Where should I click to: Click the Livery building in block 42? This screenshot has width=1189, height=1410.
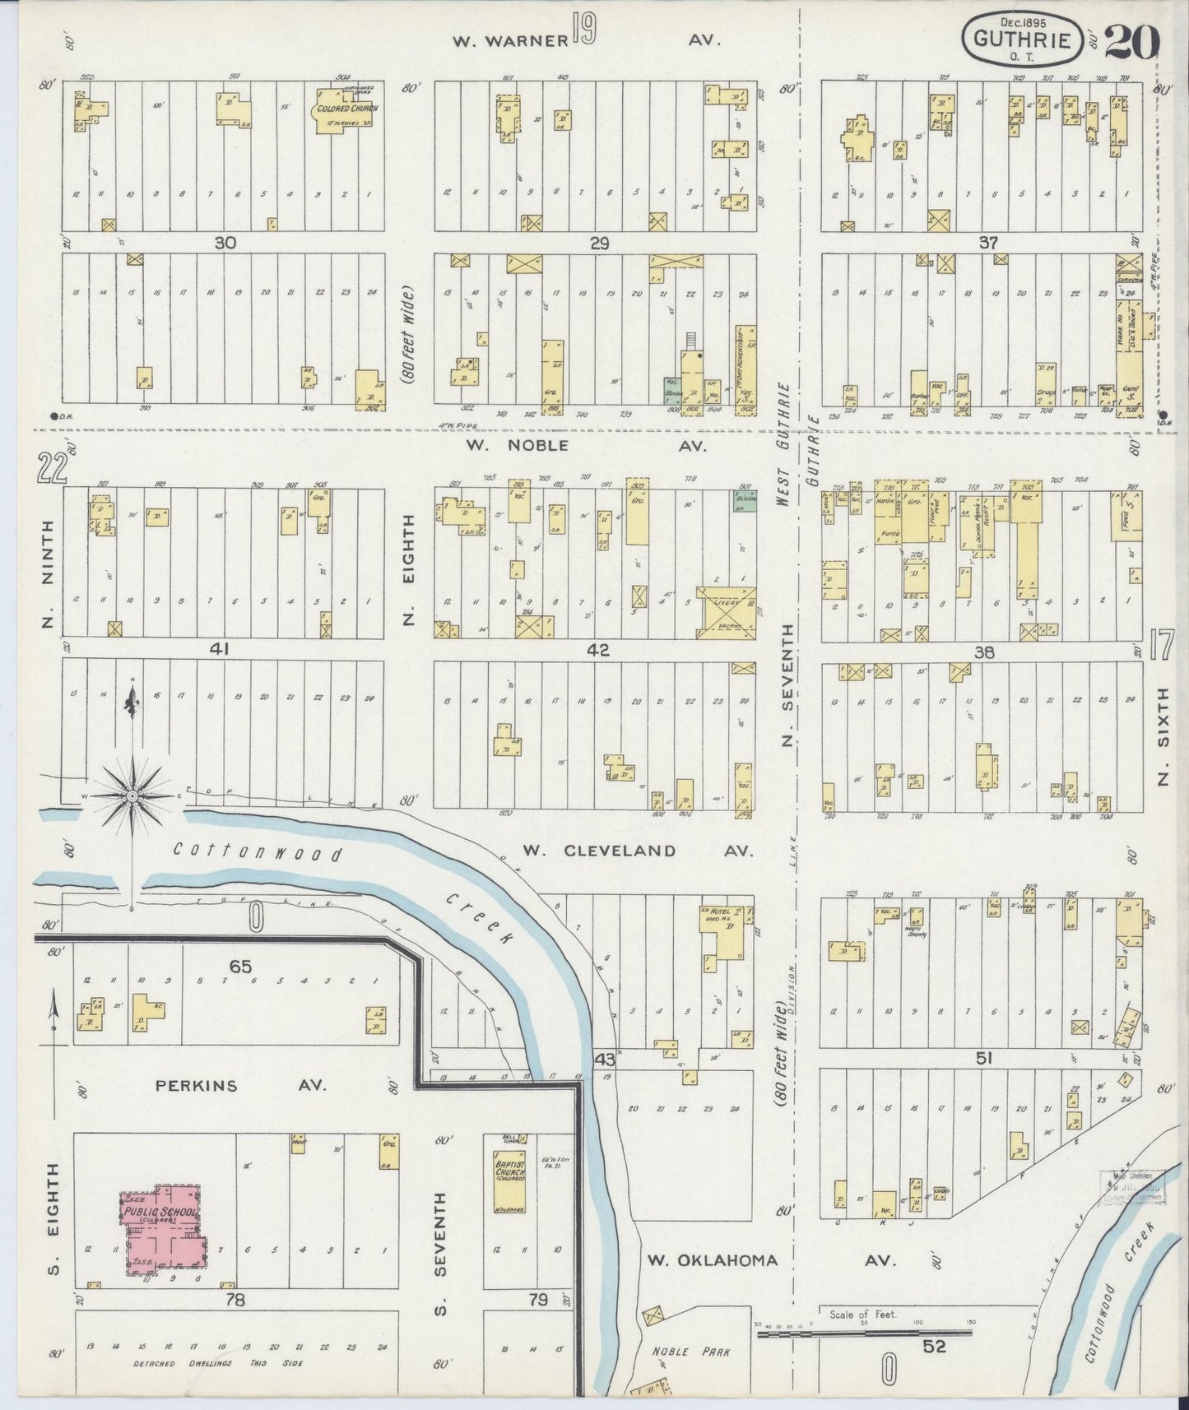725,611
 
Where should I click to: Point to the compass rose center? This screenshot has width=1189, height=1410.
132,796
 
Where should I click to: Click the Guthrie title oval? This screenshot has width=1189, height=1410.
1025,38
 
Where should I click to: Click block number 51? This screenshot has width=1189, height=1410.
983,1059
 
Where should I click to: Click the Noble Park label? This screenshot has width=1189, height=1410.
680,1352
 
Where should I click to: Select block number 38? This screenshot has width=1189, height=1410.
983,652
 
